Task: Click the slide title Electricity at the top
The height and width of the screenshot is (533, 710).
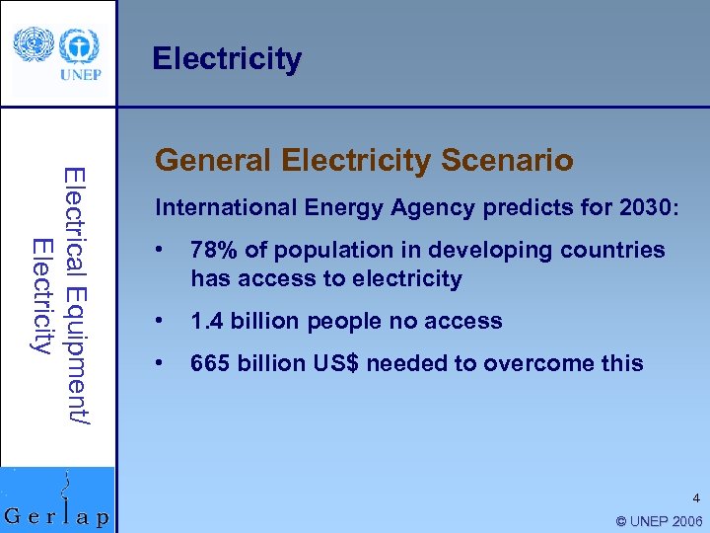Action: pos(227,59)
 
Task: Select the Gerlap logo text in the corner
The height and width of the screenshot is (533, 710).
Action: pos(57,516)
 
